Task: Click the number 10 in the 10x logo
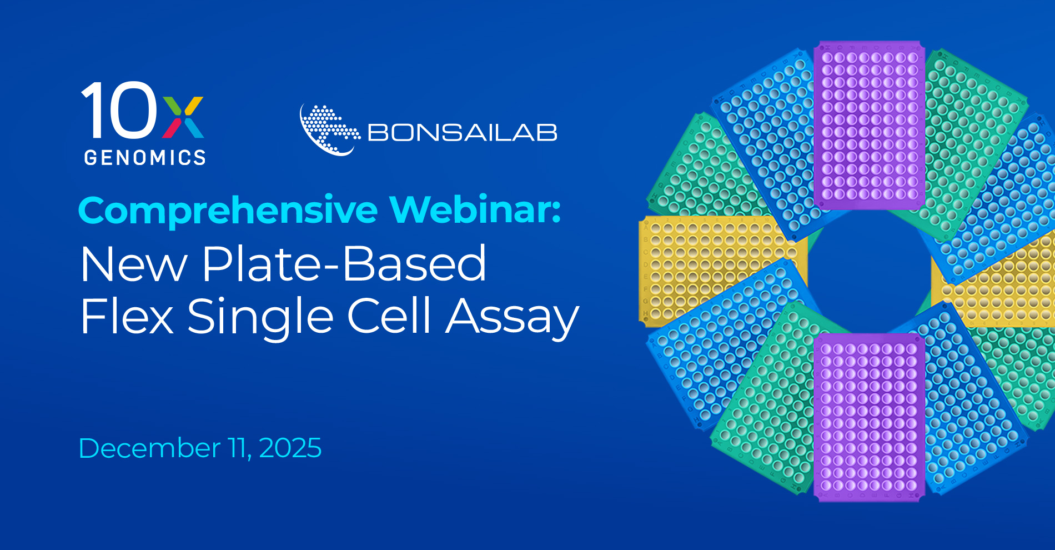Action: (x=119, y=110)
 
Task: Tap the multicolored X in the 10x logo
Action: (x=183, y=117)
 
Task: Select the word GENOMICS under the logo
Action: (x=145, y=158)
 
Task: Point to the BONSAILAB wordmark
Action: (x=462, y=133)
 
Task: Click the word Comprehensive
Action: (x=228, y=211)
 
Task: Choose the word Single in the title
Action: (x=260, y=317)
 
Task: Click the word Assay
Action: (x=513, y=318)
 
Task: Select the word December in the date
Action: (x=149, y=448)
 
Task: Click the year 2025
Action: (x=290, y=448)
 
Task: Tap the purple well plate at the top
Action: (x=869, y=125)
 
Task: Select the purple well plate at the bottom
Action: (x=869, y=417)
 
